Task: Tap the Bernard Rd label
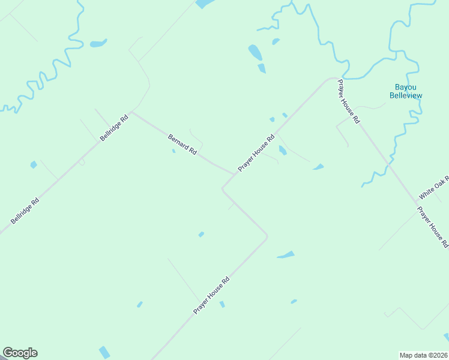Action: point(182,145)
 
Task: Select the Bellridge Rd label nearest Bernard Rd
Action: point(115,128)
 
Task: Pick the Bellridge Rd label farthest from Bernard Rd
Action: point(25,211)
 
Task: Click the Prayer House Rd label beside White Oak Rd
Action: point(433,227)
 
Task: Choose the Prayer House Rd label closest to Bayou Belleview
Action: point(348,101)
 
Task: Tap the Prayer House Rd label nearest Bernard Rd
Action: point(256,153)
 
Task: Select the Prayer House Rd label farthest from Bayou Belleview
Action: point(212,295)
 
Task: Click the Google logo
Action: point(20,353)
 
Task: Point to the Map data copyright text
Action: point(423,355)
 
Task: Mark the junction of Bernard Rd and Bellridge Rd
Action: point(133,111)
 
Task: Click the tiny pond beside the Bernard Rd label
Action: point(173,151)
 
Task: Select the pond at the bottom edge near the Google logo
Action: point(104,353)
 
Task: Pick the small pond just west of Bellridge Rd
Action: point(34,164)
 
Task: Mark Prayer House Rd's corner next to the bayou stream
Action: point(331,78)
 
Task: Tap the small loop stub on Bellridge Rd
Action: point(82,162)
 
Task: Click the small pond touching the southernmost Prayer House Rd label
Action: point(221,304)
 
